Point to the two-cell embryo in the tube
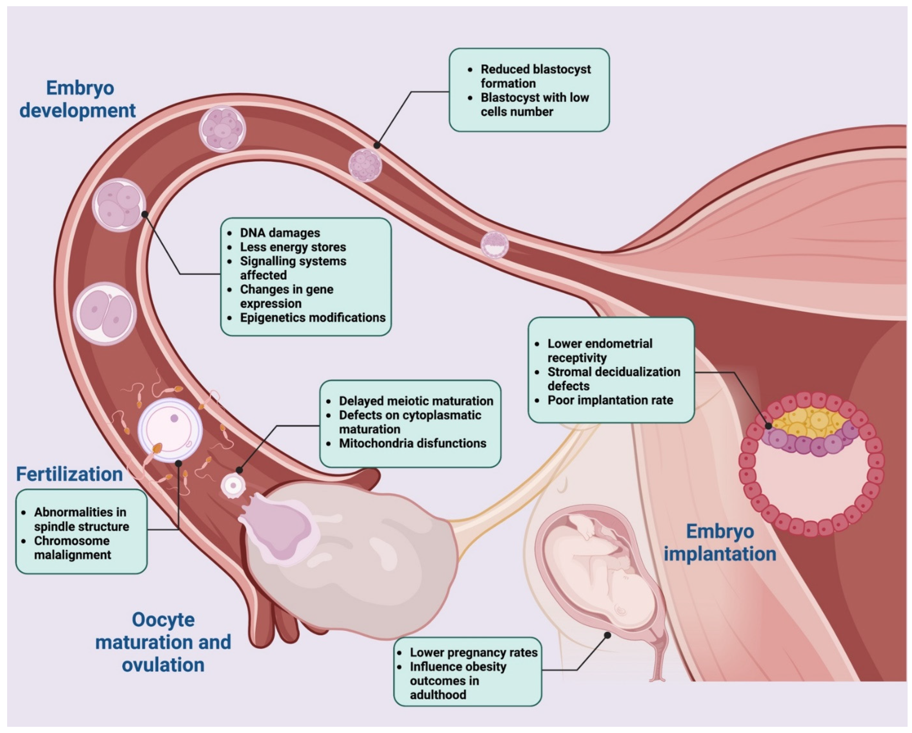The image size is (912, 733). click(x=105, y=314)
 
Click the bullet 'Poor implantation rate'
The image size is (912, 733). click(x=610, y=400)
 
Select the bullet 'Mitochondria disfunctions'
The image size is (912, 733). click(x=412, y=443)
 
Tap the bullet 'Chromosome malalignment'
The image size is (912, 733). click(x=72, y=548)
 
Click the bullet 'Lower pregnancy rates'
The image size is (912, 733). click(x=473, y=653)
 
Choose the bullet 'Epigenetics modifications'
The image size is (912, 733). click(x=313, y=318)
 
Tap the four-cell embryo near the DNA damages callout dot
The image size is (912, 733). click(x=119, y=205)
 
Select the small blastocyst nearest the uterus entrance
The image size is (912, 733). click(x=494, y=245)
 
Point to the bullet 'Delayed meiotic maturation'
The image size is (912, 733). click(x=416, y=401)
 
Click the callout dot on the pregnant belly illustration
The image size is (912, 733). click(x=607, y=635)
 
